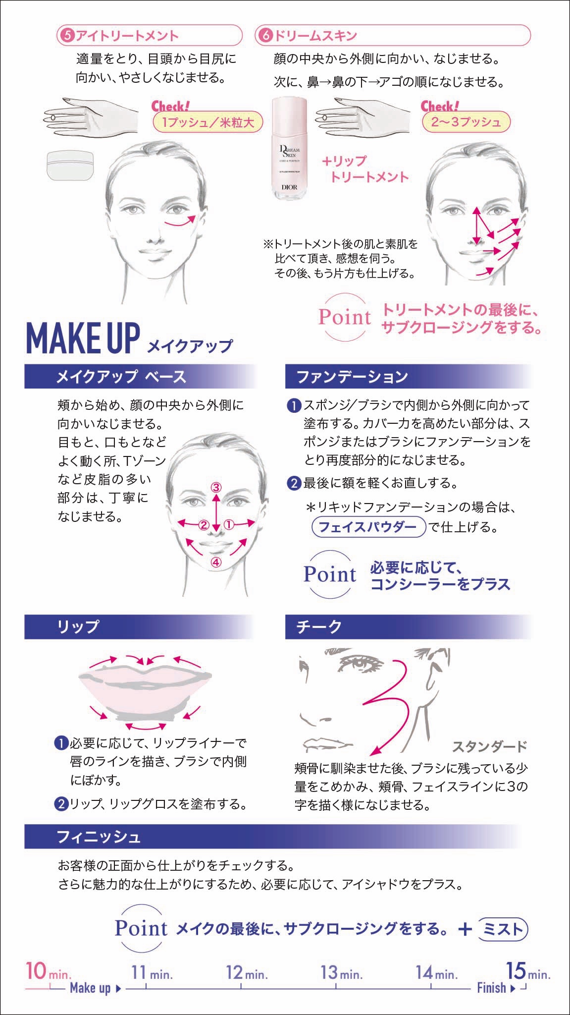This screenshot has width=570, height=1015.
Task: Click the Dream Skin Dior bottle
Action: [290, 149]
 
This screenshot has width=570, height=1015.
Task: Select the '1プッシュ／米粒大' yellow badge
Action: [207, 122]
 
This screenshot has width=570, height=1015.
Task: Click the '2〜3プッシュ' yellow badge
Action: [466, 122]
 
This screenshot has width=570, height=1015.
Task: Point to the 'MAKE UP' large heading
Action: [83, 339]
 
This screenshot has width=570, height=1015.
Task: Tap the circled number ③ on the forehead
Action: [216, 487]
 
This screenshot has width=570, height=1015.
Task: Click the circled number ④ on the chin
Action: [216, 562]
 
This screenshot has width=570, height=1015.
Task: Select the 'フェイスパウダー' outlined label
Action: [368, 526]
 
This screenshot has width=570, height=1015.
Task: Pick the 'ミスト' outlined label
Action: [503, 929]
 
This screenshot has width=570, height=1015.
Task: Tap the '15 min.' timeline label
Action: [528, 971]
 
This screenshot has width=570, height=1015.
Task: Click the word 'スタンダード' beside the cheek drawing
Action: [490, 746]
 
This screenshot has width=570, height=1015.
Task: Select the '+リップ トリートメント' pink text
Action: [365, 169]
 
